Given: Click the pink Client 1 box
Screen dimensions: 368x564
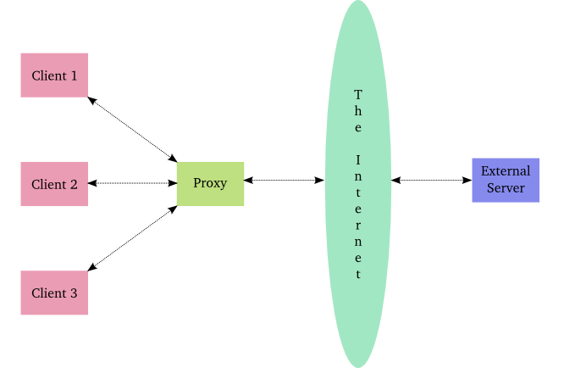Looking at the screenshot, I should pos(54,75).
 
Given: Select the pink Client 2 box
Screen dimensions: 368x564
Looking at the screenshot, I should pos(54,184).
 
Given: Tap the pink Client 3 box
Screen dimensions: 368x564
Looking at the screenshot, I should pos(54,293).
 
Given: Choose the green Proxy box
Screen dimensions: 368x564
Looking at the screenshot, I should pos(210,183).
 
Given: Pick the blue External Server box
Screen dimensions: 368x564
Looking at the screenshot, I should pos(505,180).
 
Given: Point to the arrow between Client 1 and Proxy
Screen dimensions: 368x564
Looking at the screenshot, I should pos(132,129).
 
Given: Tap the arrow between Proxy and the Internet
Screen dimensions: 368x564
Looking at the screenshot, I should pos(285,180).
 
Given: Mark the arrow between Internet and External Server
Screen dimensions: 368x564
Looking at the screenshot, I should pos(432,180).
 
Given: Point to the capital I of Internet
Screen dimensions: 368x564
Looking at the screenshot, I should pos(358,159).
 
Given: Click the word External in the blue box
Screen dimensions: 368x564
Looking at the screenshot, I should pos(505,171).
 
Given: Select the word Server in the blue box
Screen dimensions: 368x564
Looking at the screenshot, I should pos(505,188).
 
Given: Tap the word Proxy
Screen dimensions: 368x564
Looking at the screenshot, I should pos(210,183).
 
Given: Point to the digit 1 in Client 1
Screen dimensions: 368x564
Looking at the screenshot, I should pos(74,75).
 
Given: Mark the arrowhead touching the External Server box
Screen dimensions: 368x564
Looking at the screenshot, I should pos(467,180).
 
